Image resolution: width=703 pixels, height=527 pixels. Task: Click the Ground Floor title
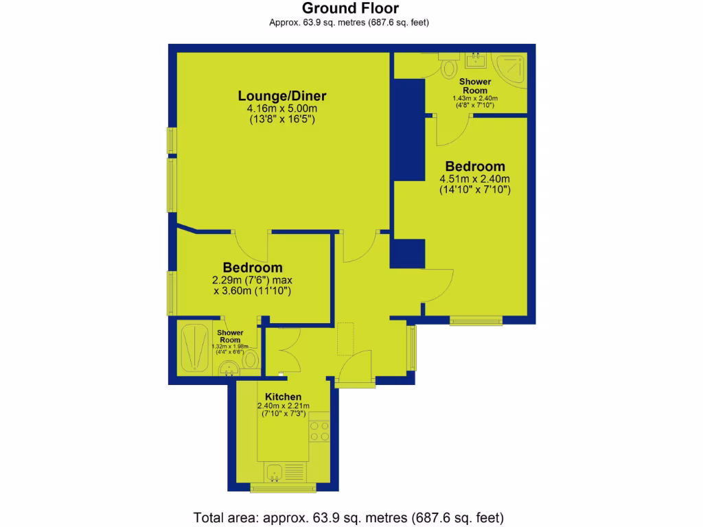[351, 8]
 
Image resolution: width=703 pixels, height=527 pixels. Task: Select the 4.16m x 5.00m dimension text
[281, 108]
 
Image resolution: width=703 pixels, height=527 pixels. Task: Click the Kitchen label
[283, 397]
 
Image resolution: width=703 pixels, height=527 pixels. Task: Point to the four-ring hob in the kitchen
[319, 431]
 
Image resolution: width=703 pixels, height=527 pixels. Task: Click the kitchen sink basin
[275, 472]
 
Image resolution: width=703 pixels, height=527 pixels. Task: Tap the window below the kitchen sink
[281, 489]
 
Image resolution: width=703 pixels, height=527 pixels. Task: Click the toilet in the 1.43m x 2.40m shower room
[450, 67]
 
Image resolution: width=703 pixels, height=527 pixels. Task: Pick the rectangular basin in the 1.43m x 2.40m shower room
[476, 62]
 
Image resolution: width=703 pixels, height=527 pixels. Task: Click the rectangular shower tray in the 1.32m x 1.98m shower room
[195, 347]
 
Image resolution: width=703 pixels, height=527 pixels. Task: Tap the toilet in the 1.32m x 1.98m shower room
[251, 360]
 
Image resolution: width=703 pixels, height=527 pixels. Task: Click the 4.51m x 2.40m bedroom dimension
[474, 180]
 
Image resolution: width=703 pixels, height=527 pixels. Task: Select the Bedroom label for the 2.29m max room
[252, 267]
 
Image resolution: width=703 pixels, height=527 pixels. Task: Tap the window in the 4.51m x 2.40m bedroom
[476, 320]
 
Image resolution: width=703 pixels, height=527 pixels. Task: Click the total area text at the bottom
[351, 517]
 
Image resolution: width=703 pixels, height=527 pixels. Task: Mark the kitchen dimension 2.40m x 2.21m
[283, 406]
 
